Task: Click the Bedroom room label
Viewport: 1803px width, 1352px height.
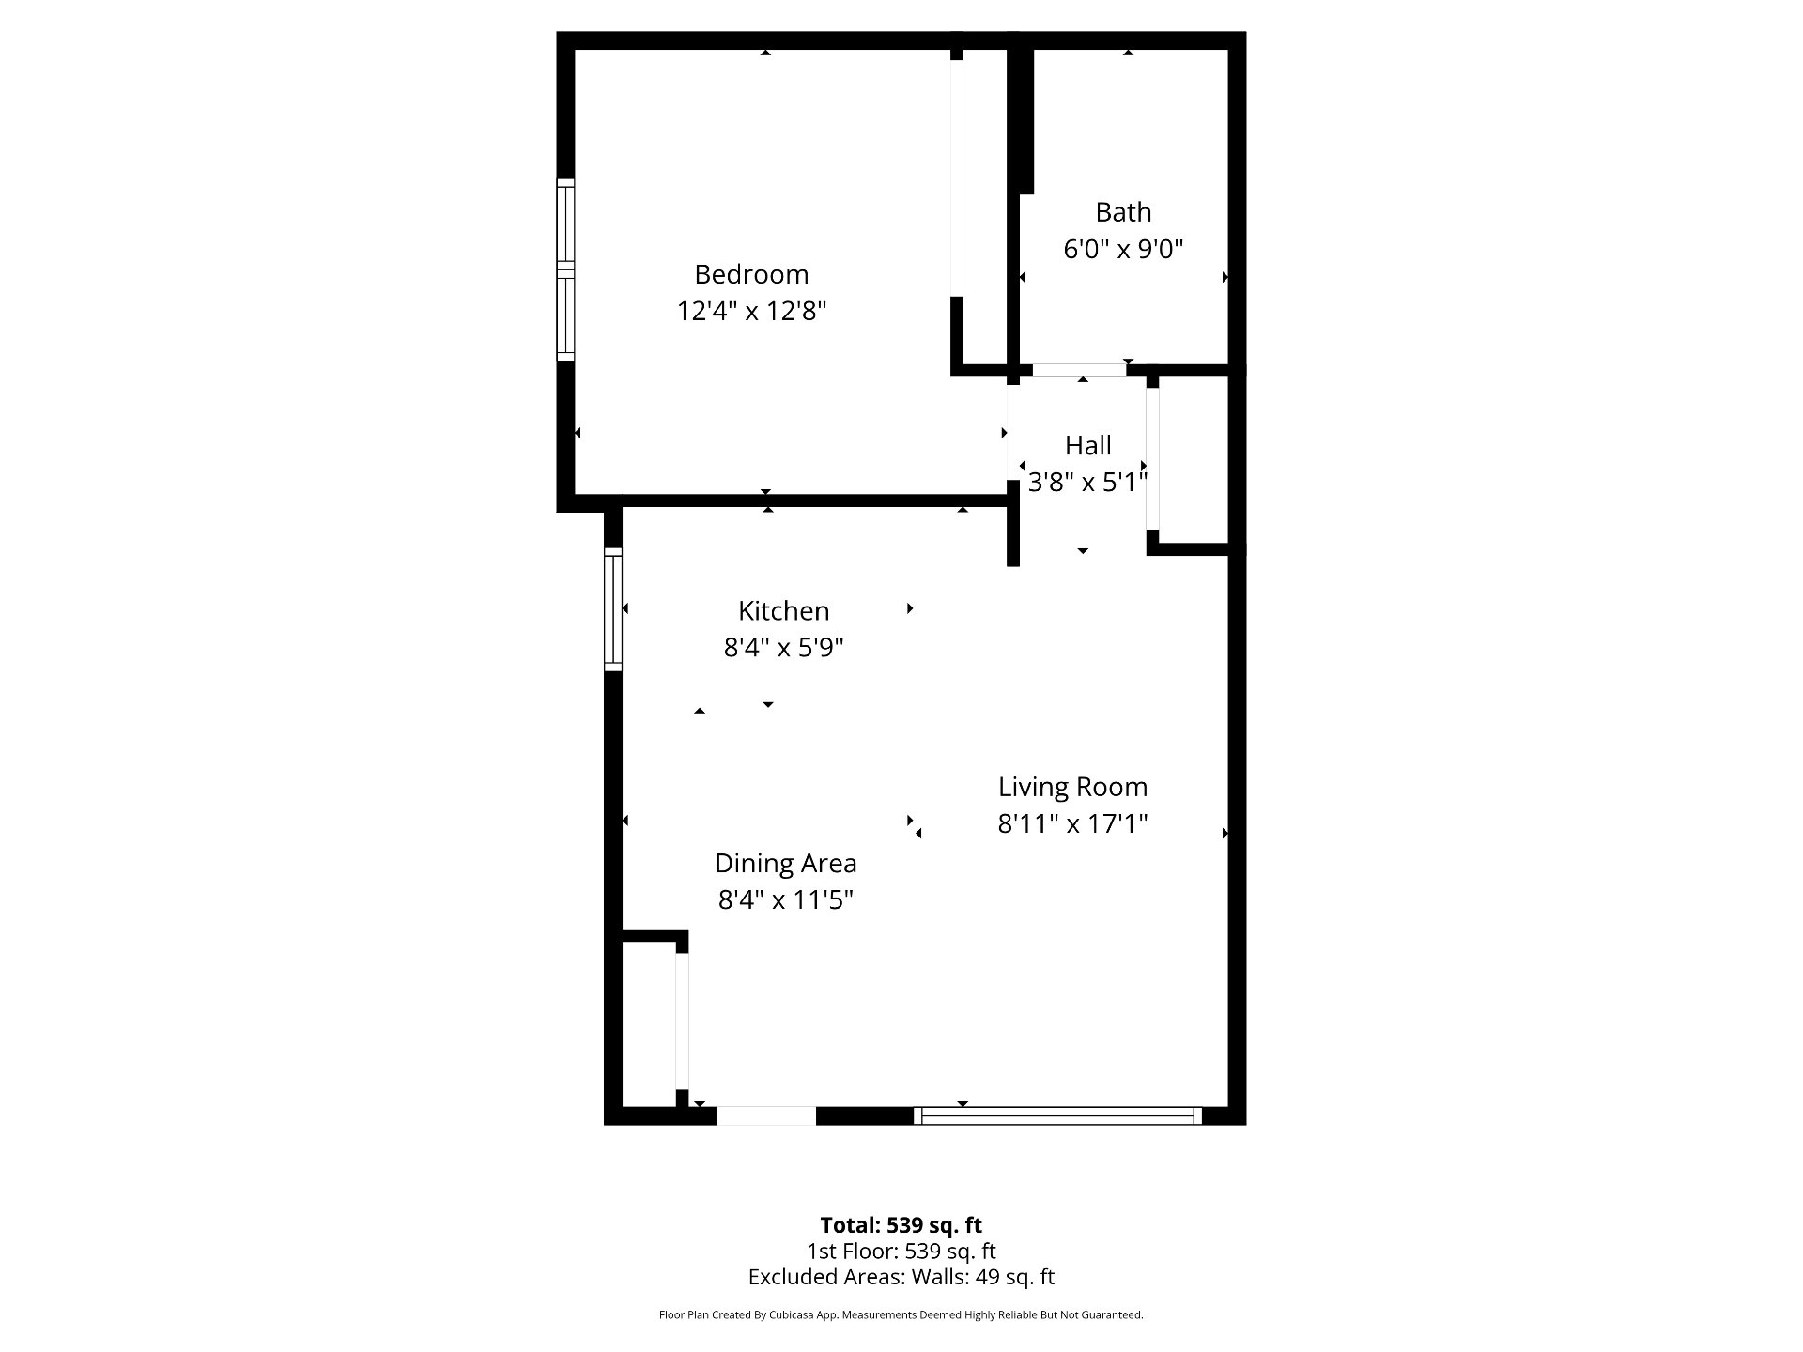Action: coord(751,274)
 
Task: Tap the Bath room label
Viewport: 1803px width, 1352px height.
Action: coord(1123,212)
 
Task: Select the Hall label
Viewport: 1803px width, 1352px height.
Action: coord(1088,445)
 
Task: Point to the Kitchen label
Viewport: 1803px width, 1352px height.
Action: coord(784,611)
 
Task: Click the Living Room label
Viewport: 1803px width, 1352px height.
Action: coord(1072,787)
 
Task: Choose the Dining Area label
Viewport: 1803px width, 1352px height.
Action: coord(786,864)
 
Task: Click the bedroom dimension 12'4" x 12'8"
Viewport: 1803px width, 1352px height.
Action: coord(751,311)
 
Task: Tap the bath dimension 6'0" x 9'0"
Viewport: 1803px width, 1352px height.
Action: coord(1123,250)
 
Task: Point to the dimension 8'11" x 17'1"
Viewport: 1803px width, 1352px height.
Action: coord(1072,824)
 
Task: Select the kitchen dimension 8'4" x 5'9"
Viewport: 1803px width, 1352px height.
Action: coord(784,648)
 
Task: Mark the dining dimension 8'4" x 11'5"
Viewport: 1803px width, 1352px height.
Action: coord(786,900)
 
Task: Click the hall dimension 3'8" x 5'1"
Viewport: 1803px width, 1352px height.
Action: coord(1088,483)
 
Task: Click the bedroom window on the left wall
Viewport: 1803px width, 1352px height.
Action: coord(565,269)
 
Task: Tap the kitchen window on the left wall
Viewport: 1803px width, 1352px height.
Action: coord(612,608)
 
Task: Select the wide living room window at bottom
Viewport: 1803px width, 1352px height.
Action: coord(1058,1115)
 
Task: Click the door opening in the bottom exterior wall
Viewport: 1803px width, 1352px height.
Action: coord(766,1115)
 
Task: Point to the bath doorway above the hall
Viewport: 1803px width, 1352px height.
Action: coord(1080,370)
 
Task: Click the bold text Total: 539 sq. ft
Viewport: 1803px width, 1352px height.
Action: coord(901,1225)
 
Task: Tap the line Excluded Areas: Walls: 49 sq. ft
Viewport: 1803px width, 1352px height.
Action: coord(901,1277)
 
